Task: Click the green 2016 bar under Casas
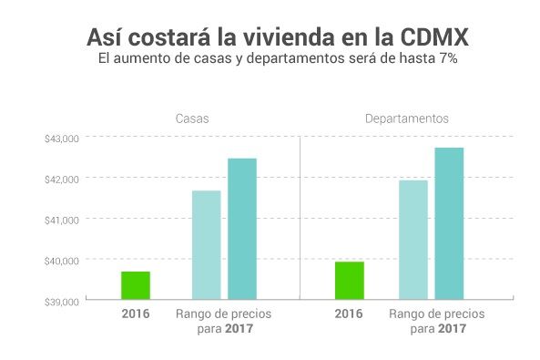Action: (135, 284)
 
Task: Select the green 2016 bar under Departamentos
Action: (349, 280)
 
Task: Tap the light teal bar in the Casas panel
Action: (206, 244)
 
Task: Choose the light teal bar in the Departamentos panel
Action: (413, 239)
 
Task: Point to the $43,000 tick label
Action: (63, 139)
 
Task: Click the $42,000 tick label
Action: (63, 179)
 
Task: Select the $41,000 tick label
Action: (63, 220)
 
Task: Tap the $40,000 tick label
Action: (63, 261)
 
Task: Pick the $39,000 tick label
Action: (63, 301)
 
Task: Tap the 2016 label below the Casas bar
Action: (135, 314)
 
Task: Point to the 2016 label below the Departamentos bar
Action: (349, 314)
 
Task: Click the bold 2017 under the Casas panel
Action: (238, 328)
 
